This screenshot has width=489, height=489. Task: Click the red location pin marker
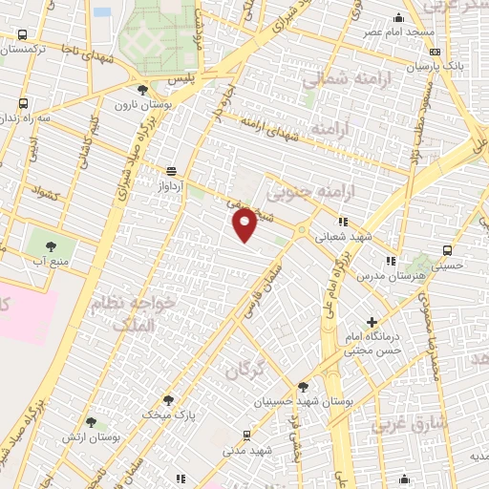click(x=245, y=224)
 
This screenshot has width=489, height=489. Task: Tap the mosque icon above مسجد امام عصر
click(x=399, y=17)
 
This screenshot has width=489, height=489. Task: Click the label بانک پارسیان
click(x=405, y=68)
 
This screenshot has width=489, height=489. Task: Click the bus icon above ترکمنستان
click(x=23, y=32)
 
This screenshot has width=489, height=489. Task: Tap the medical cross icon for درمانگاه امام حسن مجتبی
click(x=372, y=322)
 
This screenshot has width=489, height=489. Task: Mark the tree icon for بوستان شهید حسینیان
click(x=303, y=387)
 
